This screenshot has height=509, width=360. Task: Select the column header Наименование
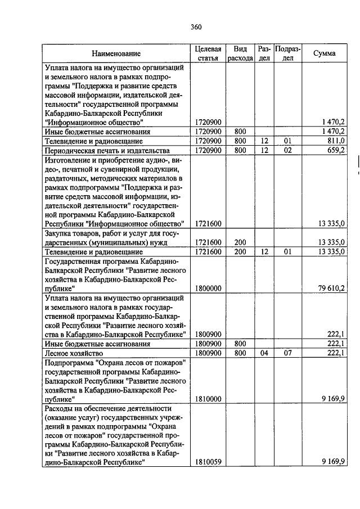coord(117,54)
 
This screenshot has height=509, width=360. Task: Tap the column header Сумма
coord(325,53)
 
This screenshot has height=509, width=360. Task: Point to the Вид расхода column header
coord(240,53)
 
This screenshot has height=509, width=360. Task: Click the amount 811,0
coord(335,141)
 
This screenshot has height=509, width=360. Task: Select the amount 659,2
coord(334,150)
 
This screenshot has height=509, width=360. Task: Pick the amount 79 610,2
coord(331,289)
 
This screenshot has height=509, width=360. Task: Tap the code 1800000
coord(208,289)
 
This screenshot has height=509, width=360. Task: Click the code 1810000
coord(208,399)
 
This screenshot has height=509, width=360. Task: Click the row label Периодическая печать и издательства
coord(107,150)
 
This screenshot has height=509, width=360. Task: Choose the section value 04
coord(264,353)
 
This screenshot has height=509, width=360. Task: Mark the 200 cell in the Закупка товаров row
coord(240,242)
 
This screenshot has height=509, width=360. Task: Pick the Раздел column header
coord(264,53)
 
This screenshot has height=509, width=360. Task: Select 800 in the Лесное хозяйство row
coord(240,353)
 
